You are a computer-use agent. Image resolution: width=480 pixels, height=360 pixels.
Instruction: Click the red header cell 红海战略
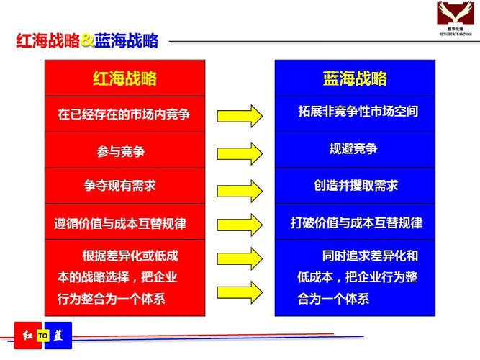pos(124,78)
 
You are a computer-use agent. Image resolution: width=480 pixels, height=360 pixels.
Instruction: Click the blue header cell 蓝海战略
pos(355,78)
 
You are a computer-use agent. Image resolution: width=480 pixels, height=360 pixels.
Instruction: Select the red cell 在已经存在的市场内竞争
pos(124,114)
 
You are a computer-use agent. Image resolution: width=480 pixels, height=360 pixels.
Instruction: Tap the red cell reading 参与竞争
pos(124,150)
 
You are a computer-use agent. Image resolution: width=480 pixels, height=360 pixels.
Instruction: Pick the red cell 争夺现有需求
pos(124,186)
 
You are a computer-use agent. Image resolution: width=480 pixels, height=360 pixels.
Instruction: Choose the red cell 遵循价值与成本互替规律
pos(124,223)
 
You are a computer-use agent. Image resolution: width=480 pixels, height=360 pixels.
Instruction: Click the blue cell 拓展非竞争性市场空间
pos(355,112)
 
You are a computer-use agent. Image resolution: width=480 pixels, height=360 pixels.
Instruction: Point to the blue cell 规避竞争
pos(355,149)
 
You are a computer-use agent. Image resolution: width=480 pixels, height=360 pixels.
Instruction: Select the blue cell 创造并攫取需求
pos(355,186)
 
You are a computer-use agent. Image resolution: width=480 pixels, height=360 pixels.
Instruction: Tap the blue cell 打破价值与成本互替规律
pos(355,223)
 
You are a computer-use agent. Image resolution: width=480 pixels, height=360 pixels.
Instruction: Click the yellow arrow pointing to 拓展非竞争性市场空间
pos(239,115)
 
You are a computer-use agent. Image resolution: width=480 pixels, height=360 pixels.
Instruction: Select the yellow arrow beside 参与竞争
pos(239,153)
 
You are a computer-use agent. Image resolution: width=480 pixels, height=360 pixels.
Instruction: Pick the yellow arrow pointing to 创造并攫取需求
pos(239,189)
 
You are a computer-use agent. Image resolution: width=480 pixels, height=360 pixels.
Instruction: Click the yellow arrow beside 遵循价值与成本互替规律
pos(239,224)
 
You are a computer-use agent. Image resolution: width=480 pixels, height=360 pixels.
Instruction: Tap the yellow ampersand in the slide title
pos(87,41)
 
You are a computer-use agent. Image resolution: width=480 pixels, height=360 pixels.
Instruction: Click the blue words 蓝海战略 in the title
pos(126,41)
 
